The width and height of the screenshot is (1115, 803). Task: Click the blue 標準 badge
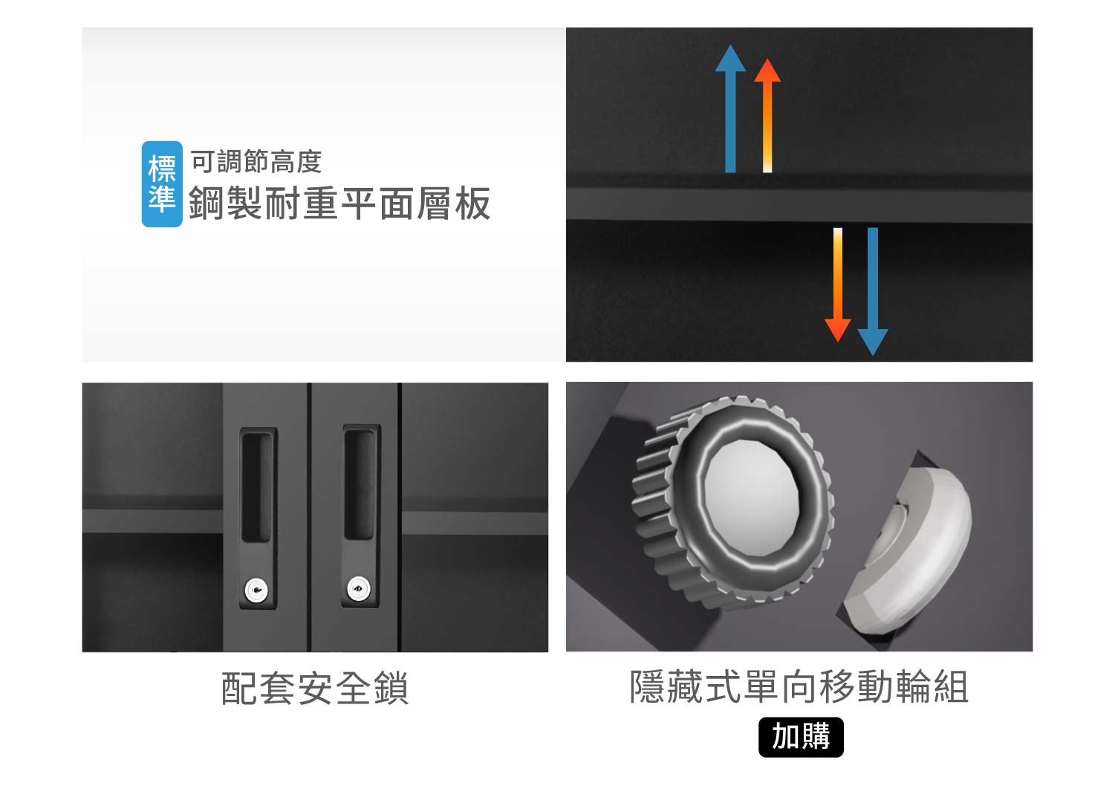click(162, 183)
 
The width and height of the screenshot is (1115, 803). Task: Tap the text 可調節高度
click(256, 162)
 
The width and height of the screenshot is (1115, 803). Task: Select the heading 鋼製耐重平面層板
click(339, 203)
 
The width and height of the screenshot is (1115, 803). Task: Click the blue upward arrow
click(730, 108)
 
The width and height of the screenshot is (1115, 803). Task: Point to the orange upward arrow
click(767, 115)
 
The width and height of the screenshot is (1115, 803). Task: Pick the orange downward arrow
click(838, 285)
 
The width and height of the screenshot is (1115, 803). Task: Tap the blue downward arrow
click(873, 291)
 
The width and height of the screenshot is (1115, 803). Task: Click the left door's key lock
click(256, 591)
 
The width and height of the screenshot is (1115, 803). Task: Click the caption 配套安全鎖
click(315, 688)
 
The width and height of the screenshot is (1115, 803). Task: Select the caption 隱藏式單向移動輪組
click(799, 686)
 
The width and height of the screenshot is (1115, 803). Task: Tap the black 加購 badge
click(801, 737)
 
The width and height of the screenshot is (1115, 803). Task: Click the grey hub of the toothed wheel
click(752, 498)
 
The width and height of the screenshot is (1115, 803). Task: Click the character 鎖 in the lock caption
click(391, 688)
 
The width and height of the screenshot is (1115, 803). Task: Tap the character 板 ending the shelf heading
click(472, 203)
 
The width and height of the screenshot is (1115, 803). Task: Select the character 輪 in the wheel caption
click(913, 686)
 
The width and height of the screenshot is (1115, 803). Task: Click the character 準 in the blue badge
click(162, 200)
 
